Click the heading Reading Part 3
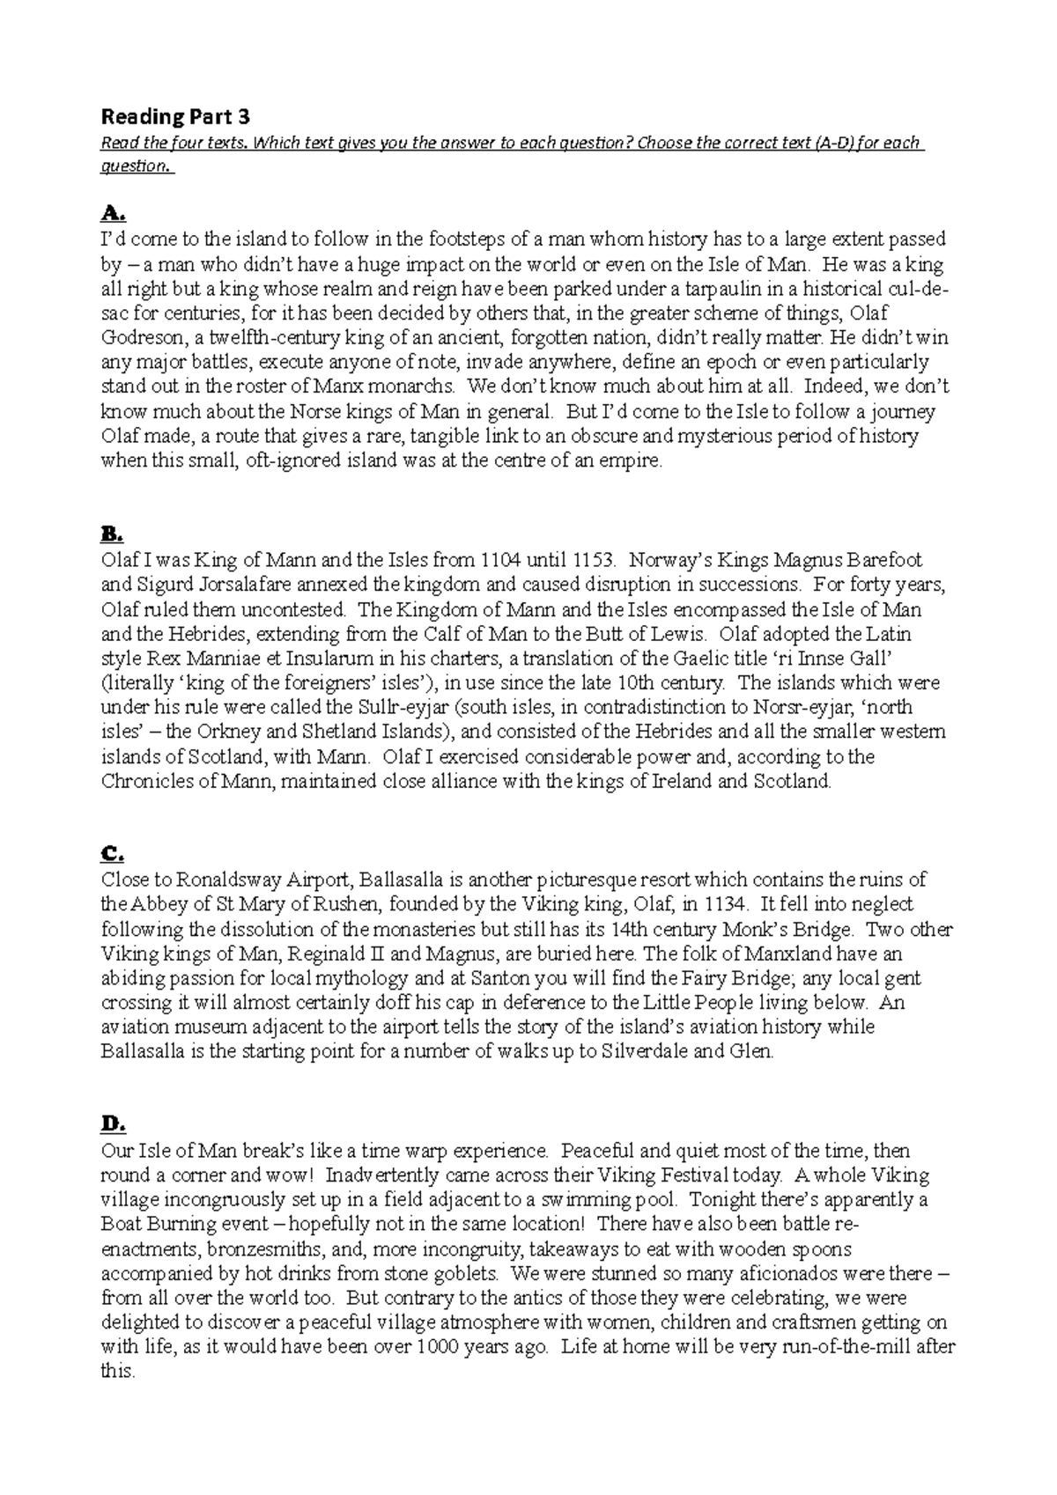(x=176, y=116)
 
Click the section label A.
(x=115, y=213)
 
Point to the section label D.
(x=115, y=1124)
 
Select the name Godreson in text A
(x=142, y=338)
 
